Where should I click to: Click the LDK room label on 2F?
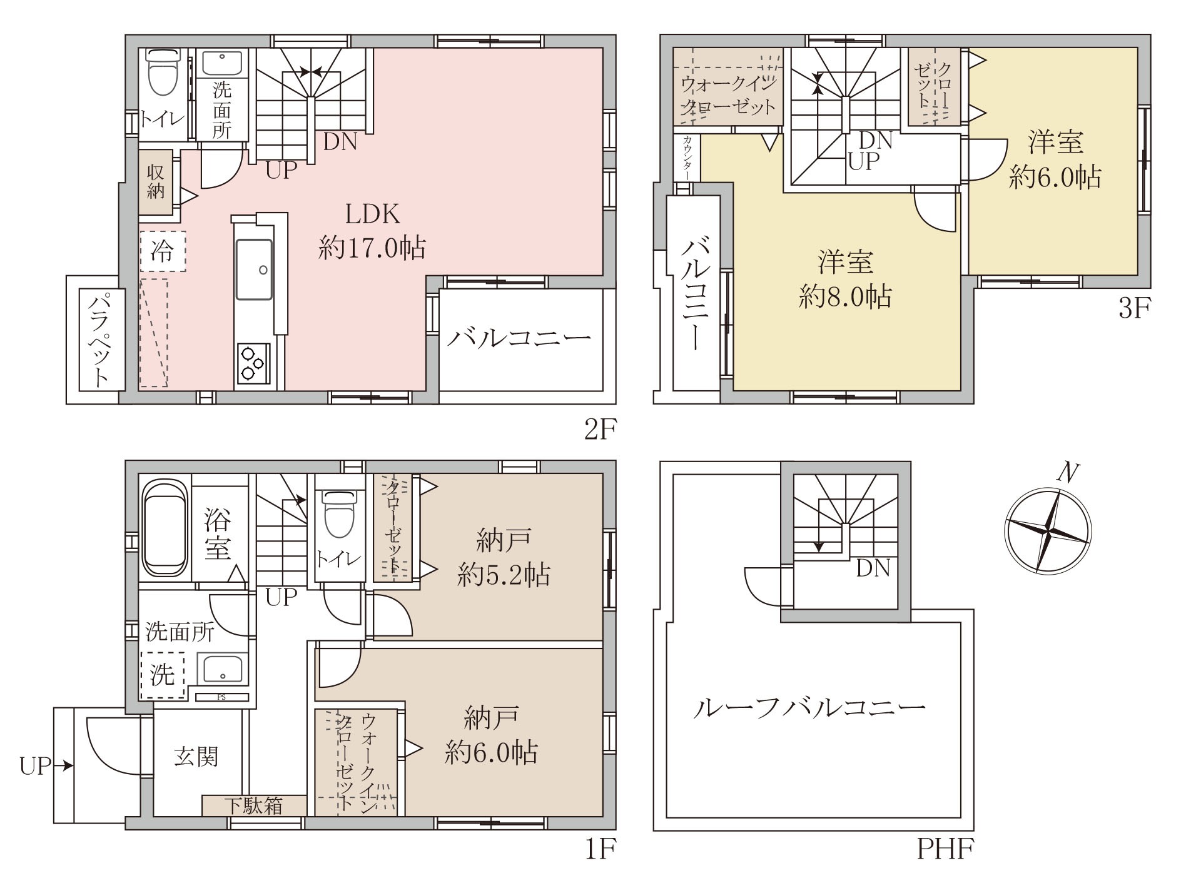pos(372,215)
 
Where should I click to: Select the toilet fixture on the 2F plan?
pos(162,73)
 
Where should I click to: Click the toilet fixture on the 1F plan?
pos(338,513)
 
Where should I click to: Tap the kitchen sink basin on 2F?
pos(254,270)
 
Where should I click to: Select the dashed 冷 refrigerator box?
pos(163,251)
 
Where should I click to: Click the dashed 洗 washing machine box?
pos(163,675)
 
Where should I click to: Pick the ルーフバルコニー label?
pos(808,709)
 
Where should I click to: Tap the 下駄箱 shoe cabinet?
pos(254,805)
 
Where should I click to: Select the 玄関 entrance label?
pos(196,757)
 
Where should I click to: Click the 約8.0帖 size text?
pos(844,297)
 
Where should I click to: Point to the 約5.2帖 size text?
pos(504,574)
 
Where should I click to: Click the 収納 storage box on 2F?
pos(155,181)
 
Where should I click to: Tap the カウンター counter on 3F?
pos(687,158)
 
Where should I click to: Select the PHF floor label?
pos(945,849)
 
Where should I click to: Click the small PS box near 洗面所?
pos(221,697)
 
